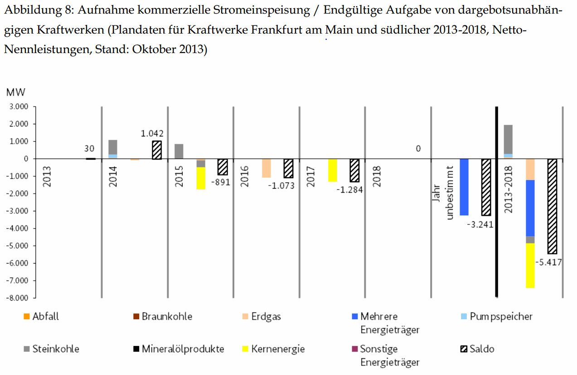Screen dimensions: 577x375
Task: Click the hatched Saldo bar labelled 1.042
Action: (157, 150)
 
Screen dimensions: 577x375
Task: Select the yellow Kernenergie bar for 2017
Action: (333, 170)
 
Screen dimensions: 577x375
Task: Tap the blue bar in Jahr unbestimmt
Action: (464, 187)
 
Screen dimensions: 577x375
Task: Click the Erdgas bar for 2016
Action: (267, 168)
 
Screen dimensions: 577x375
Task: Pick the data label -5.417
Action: (548, 263)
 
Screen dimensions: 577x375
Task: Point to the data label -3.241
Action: (480, 224)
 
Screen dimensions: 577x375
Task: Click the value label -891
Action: (221, 182)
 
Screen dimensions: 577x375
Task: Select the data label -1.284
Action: (349, 190)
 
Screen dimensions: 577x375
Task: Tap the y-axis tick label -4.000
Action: (17, 229)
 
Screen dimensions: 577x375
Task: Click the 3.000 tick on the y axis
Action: (19, 107)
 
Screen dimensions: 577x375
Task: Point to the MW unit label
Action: (16, 92)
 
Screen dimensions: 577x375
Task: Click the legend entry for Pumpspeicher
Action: (497, 316)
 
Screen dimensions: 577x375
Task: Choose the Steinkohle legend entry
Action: (52, 349)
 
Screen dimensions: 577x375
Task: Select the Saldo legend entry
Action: (477, 349)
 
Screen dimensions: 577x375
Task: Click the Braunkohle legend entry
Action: (163, 316)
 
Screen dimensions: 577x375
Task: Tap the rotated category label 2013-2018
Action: (508, 190)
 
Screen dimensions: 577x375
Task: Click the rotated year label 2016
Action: (244, 176)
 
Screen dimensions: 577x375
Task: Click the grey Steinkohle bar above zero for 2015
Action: (179, 151)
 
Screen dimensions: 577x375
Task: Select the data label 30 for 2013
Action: (89, 148)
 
